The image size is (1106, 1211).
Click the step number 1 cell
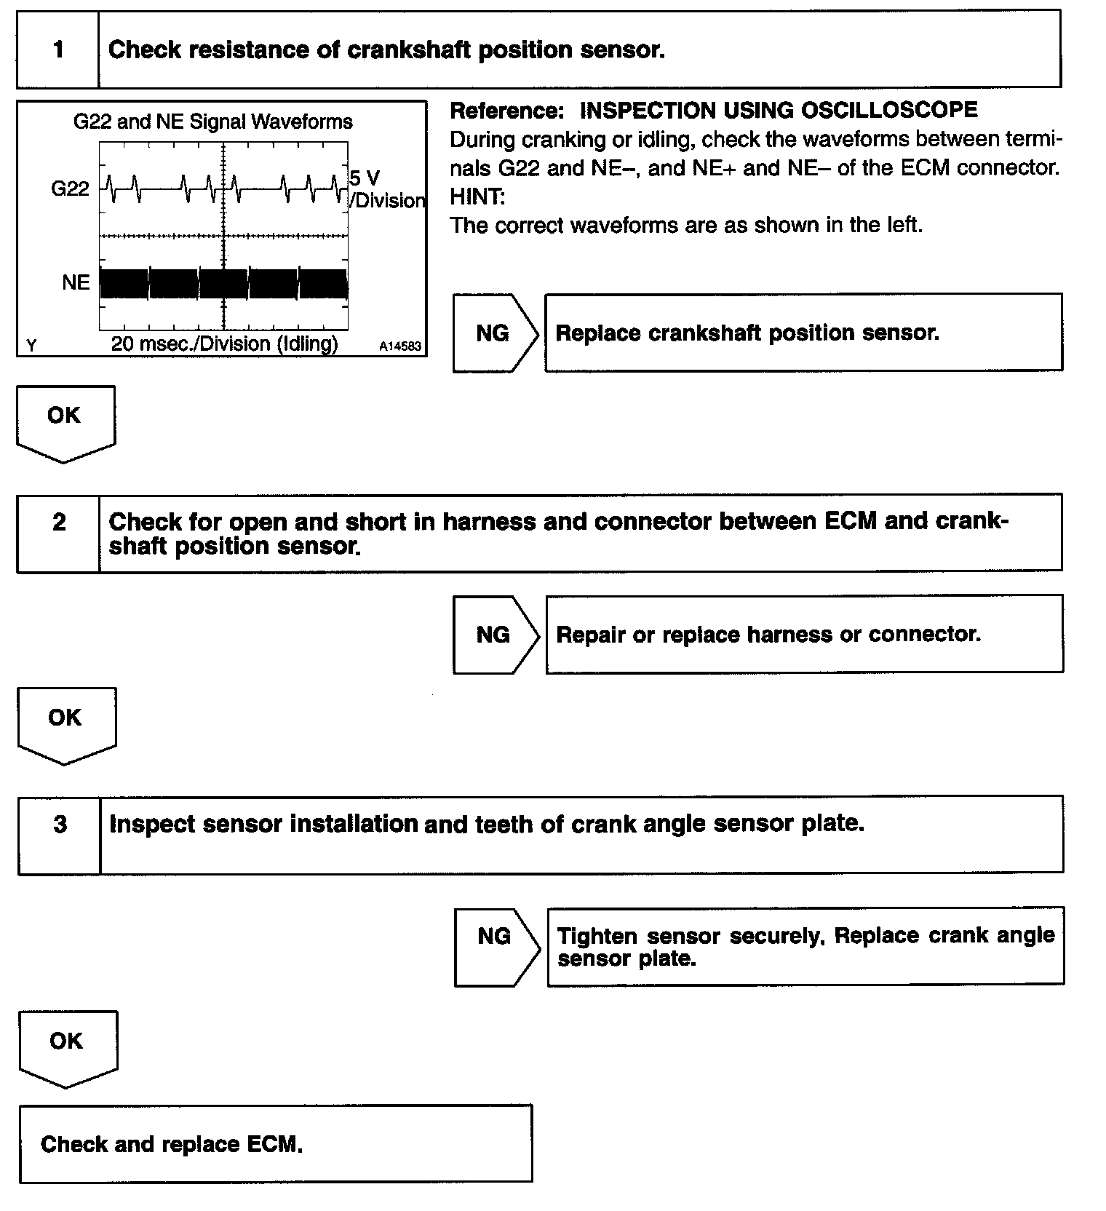pyautogui.click(x=58, y=49)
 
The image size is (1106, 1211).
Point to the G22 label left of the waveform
pyautogui.click(x=70, y=189)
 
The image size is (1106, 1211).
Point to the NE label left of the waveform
pyautogui.click(x=76, y=282)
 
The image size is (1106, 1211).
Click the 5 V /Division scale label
pyautogui.click(x=386, y=189)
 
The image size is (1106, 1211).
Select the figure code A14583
pyautogui.click(x=399, y=347)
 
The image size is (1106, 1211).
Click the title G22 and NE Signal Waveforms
pyautogui.click(x=212, y=122)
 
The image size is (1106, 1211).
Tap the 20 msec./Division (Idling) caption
pyautogui.click(x=224, y=344)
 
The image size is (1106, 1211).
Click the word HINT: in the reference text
pyautogui.click(x=477, y=196)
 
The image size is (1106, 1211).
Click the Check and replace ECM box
pyautogui.click(x=275, y=1143)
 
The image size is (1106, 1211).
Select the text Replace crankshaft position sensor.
pyautogui.click(x=747, y=333)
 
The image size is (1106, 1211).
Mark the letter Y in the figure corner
pyautogui.click(x=31, y=346)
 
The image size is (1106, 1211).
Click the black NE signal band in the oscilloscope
pyautogui.click(x=223, y=284)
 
